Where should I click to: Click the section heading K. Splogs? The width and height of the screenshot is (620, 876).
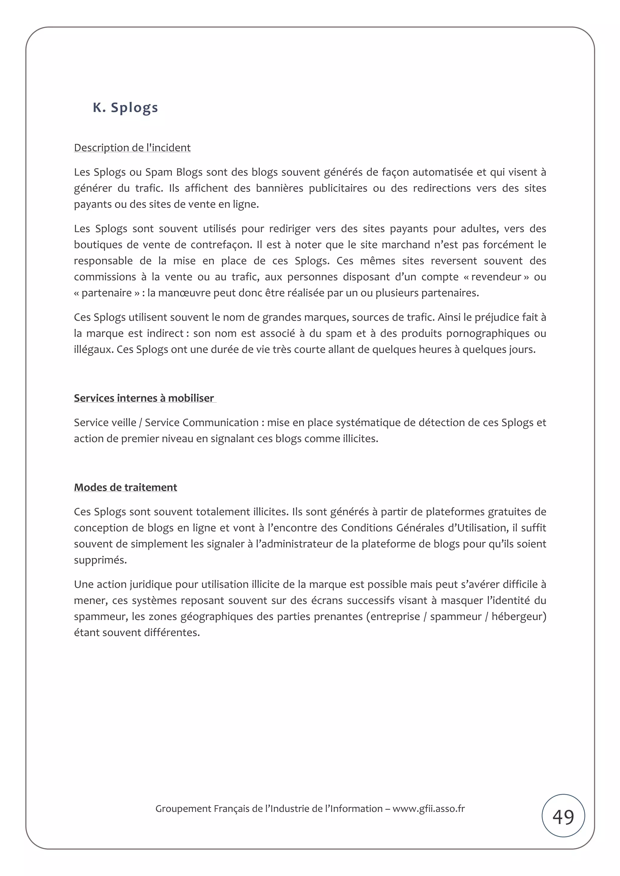125,108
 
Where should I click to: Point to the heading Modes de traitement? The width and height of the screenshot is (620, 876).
125,487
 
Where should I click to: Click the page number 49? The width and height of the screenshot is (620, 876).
563,817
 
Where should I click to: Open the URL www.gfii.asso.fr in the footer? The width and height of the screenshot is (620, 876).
429,809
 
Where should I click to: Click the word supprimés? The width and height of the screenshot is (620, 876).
100,560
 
